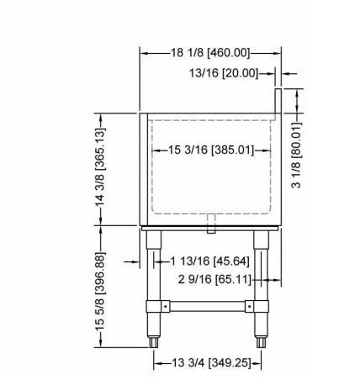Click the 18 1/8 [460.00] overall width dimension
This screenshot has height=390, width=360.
tap(210, 52)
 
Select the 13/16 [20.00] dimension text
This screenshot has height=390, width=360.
tap(224, 73)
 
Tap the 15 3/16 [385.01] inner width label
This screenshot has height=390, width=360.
tap(211, 150)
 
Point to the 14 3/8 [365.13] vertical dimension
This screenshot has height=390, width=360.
tap(100, 167)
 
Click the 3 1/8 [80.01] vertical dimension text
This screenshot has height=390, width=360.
tap(296, 155)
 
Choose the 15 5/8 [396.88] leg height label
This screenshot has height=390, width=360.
tap(100, 292)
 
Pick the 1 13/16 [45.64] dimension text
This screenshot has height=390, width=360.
tap(209, 261)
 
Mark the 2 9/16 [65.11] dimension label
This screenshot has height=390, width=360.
tap(214, 279)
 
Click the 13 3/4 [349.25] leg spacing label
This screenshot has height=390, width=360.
tap(211, 363)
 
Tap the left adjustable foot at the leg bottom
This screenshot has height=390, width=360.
tap(153, 342)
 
